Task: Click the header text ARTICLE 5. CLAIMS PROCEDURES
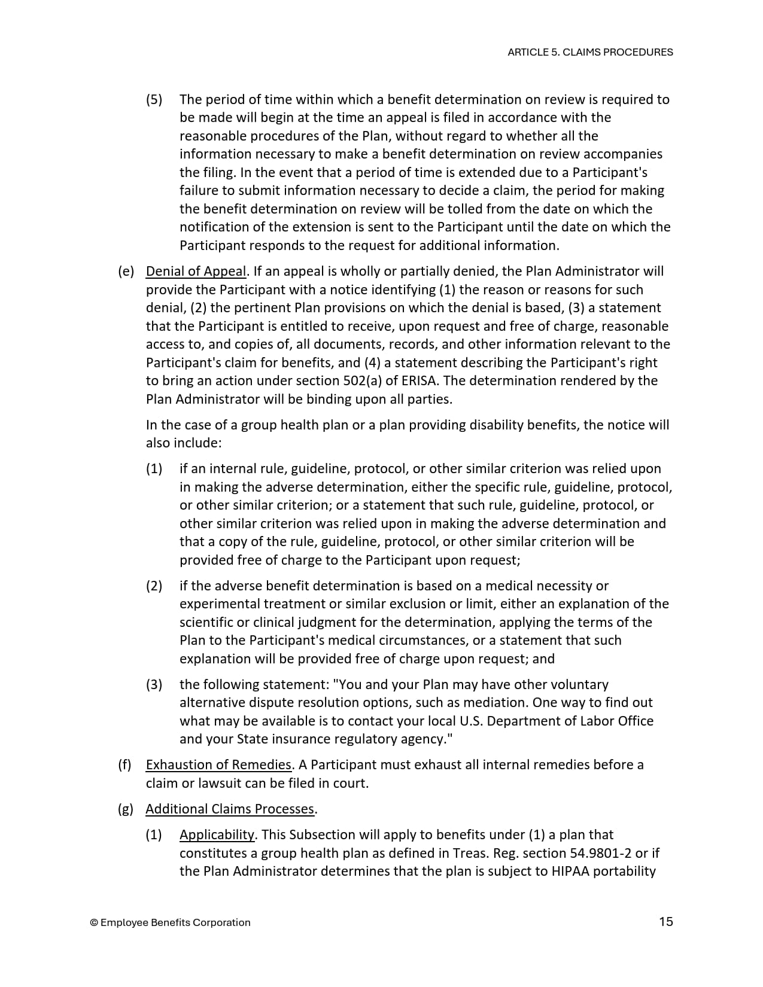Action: (x=590, y=52)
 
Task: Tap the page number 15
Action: (x=665, y=921)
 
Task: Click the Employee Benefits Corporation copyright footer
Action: (x=170, y=922)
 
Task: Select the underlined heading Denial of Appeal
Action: (x=196, y=271)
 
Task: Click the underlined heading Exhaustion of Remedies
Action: (x=218, y=764)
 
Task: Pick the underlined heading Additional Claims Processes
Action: (x=230, y=809)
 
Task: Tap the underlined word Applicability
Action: (x=217, y=834)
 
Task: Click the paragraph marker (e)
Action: (x=126, y=271)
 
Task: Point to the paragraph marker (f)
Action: (x=124, y=764)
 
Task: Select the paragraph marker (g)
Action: (x=126, y=809)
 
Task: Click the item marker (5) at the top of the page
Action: (x=154, y=99)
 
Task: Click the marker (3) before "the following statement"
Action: (x=154, y=684)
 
